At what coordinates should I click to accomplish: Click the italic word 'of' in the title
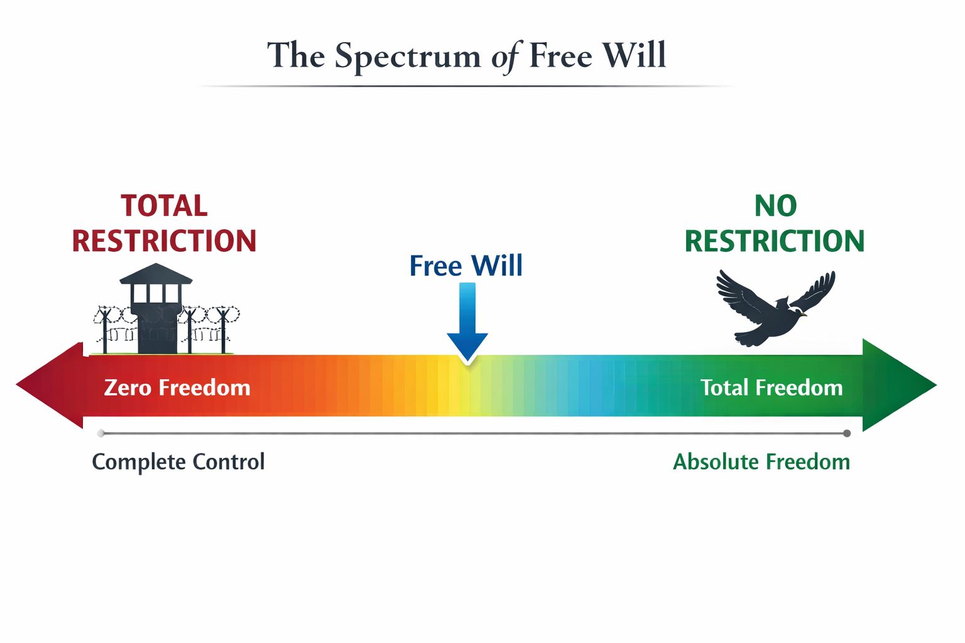[x=506, y=57]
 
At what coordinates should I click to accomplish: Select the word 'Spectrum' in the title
[x=407, y=57]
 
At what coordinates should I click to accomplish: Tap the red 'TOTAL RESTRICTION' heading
[x=164, y=224]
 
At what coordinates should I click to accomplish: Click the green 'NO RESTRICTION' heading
[x=774, y=224]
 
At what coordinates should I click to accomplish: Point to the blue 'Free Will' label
[x=466, y=266]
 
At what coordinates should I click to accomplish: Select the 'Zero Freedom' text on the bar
[x=177, y=387]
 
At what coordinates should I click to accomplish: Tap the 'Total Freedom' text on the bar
[x=771, y=387]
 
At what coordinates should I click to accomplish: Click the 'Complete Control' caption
[x=178, y=462]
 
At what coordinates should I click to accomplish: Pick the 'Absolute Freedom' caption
[x=761, y=462]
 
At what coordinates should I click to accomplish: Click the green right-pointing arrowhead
[x=895, y=385]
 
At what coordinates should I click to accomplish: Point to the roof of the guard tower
[x=156, y=274]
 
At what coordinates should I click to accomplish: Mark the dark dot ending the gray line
[x=847, y=433]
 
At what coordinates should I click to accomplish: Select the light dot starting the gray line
[x=101, y=433]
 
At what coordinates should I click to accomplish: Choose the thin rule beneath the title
[x=466, y=86]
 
